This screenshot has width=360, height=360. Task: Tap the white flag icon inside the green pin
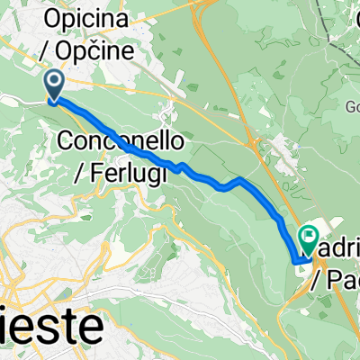click(309, 238)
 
